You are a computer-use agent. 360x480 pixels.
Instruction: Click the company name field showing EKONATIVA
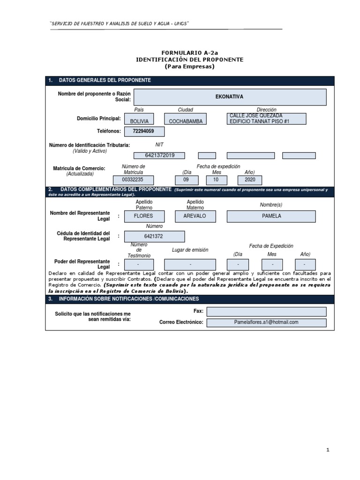pos(230,97)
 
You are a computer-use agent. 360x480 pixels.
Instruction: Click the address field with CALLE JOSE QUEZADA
pos(266,119)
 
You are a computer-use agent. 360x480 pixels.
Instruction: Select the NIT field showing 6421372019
pos(159,156)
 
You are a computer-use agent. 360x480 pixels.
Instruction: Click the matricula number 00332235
pos(133,180)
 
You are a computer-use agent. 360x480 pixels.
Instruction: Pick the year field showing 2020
pos(250,180)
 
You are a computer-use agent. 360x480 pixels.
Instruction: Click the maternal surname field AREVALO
pos(191,216)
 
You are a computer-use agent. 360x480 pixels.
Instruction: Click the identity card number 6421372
pos(154,237)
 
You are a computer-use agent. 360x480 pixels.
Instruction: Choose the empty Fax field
pos(266,312)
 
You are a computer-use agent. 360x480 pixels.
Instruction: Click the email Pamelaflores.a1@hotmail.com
pos(266,322)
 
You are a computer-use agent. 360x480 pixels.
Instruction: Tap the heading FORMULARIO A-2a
pos(189,53)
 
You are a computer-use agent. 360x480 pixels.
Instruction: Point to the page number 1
pos(328,450)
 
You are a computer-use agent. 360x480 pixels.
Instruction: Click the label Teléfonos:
pos(109,131)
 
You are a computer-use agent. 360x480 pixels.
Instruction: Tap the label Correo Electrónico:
pos(181,322)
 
